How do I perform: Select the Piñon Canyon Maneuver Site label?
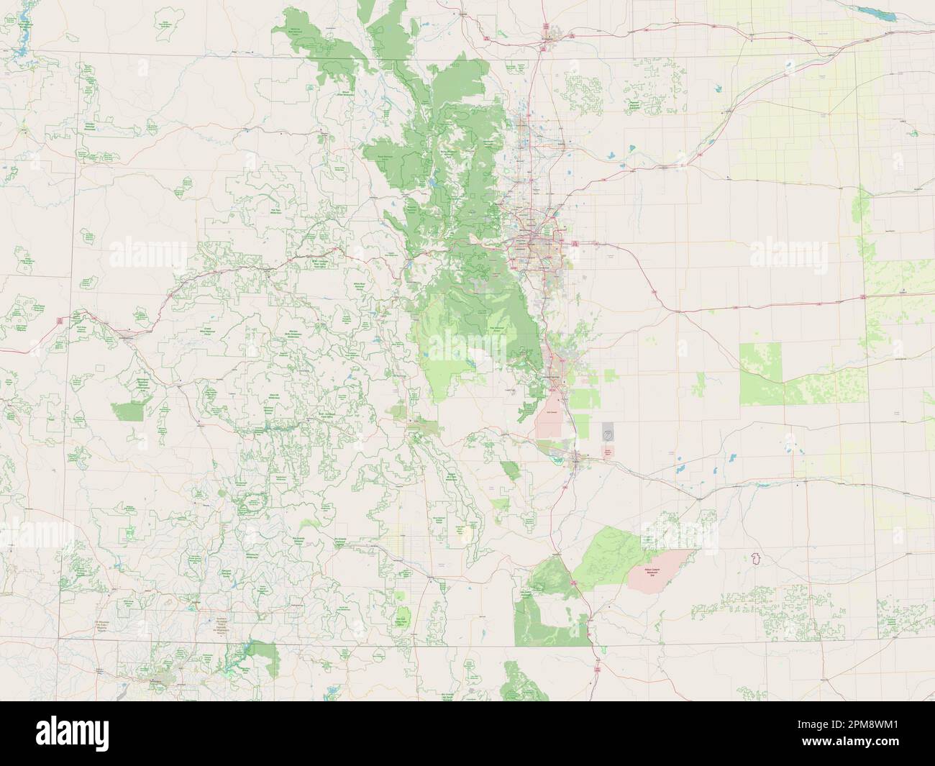point(652,573)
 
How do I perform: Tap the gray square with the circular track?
point(608,432)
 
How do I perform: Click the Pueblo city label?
point(575,455)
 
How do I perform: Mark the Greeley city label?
point(573,142)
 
